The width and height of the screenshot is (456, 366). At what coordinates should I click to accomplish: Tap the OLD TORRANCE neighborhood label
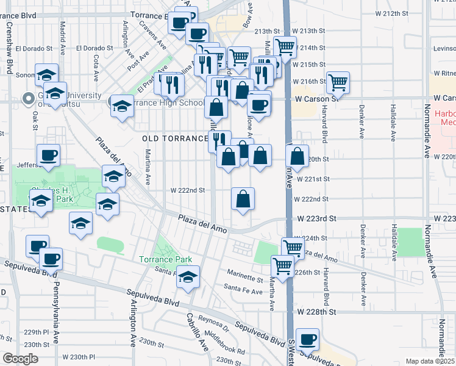[x=176, y=139]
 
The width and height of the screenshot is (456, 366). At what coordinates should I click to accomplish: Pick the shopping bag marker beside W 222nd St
[x=243, y=198]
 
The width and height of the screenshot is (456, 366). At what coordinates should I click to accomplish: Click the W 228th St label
[x=317, y=312]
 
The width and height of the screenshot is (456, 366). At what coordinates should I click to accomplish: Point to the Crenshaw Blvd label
[x=9, y=49]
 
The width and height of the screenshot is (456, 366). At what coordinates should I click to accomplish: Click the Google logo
[x=21, y=359]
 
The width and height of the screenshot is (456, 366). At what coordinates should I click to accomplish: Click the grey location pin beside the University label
[x=28, y=98]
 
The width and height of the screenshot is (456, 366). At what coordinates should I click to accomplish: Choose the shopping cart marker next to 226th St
[x=282, y=265]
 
